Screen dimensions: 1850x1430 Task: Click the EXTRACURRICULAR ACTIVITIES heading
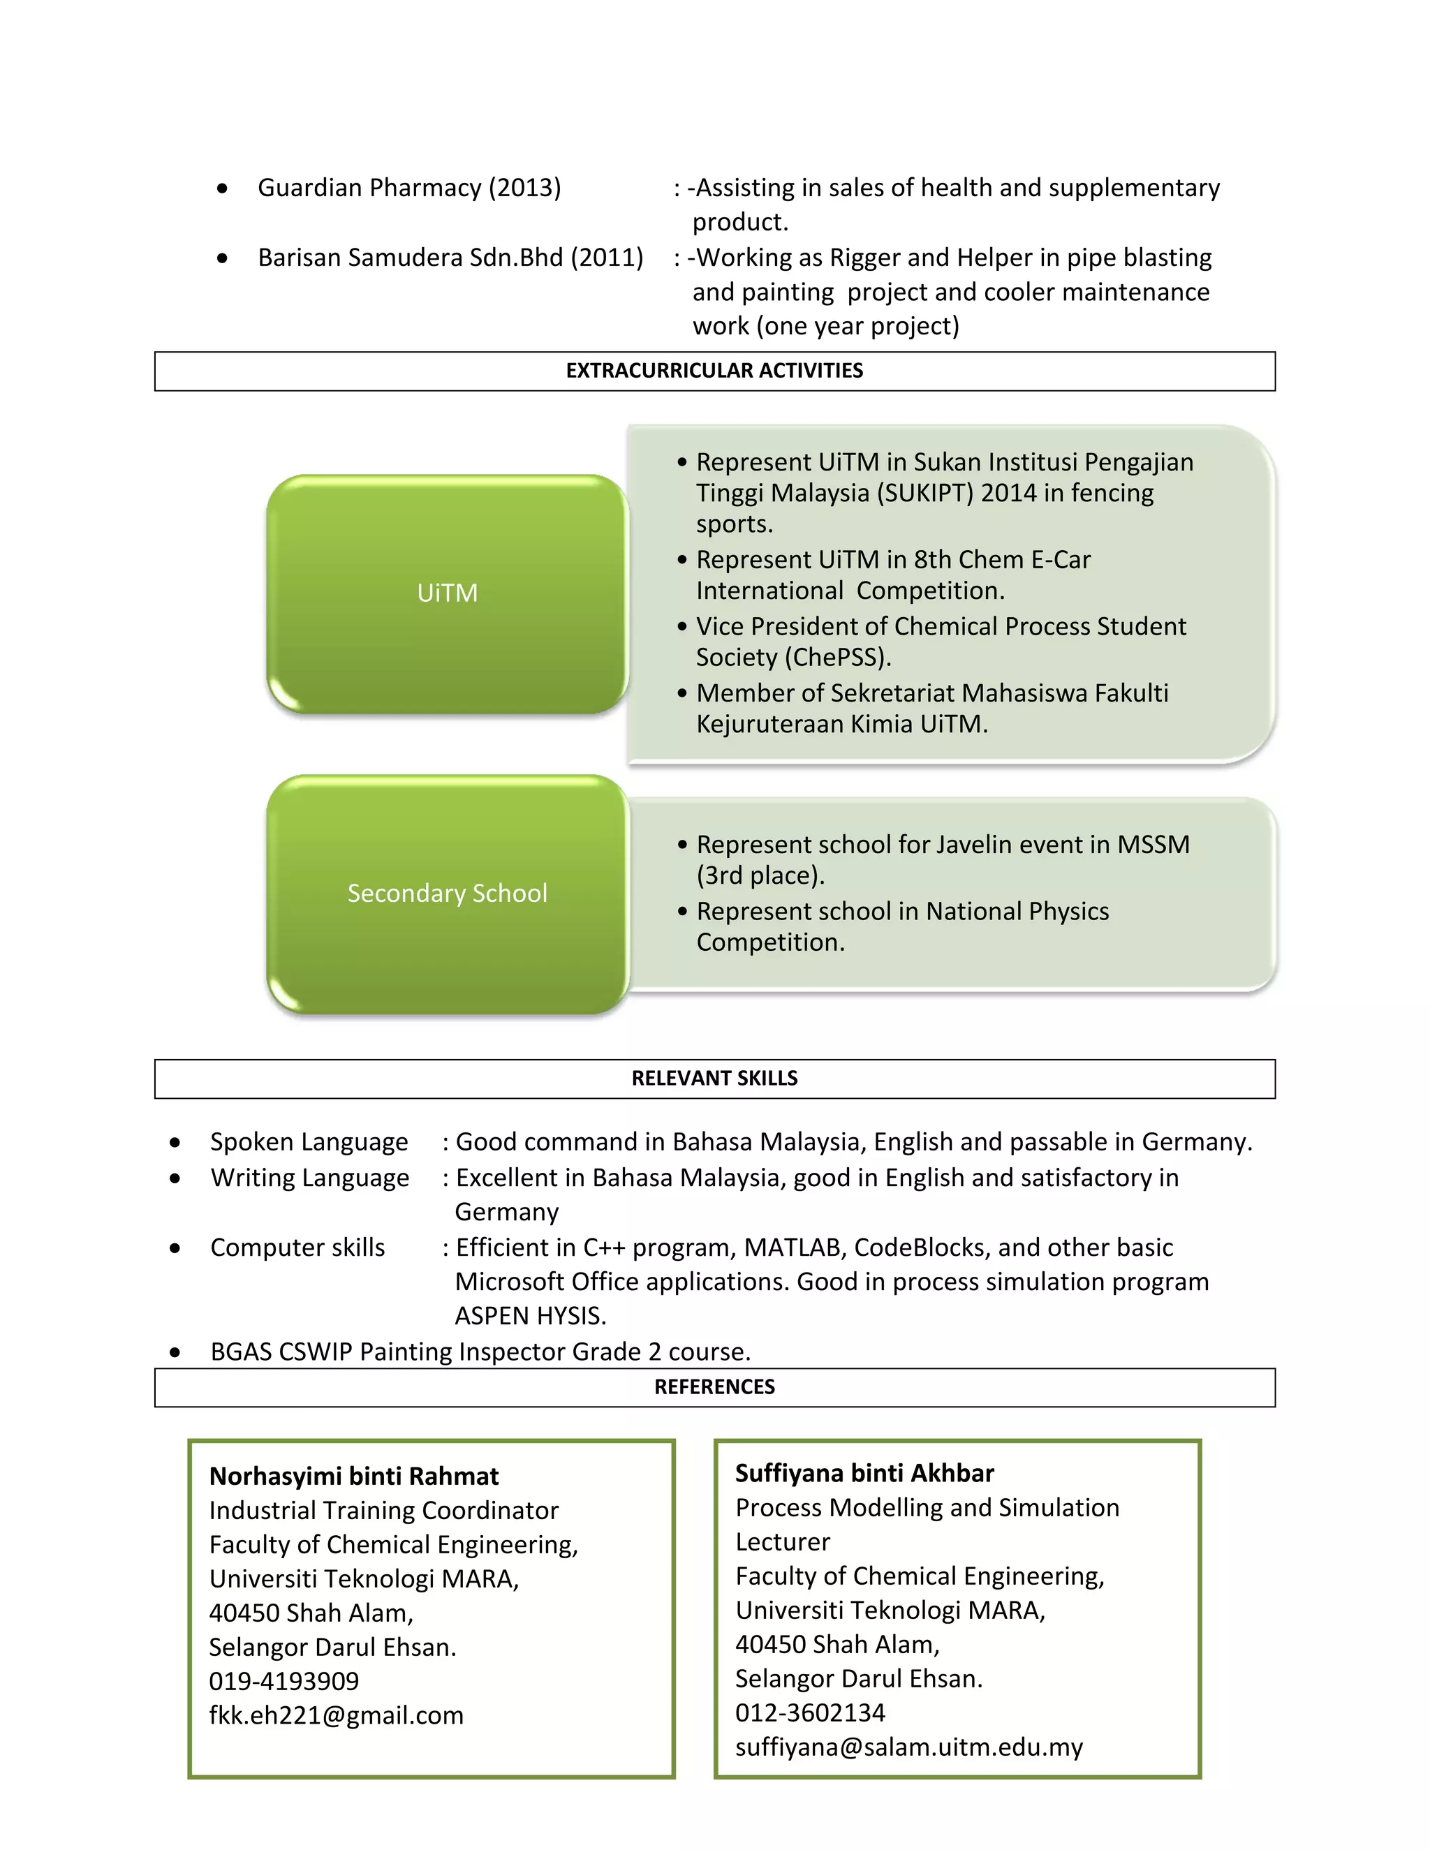pyautogui.click(x=714, y=371)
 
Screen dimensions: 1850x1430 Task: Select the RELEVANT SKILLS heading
pyautogui.click(x=714, y=1079)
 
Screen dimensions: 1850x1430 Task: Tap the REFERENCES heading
pyautogui.click(x=714, y=1386)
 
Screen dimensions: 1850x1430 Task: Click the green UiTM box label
pyautogui.click(x=448, y=593)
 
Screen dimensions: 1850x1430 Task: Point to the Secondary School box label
pyautogui.click(x=448, y=894)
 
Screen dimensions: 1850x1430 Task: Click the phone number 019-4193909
pyautogui.click(x=283, y=1682)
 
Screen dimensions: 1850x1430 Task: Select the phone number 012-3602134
pyautogui.click(x=810, y=1712)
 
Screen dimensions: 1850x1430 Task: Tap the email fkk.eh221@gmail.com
pyautogui.click(x=337, y=1715)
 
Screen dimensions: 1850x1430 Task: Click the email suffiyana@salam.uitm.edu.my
pyautogui.click(x=909, y=1747)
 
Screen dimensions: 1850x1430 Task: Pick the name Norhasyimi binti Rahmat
pyautogui.click(x=353, y=1477)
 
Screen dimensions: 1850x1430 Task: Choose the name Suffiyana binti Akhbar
pyautogui.click(x=864, y=1474)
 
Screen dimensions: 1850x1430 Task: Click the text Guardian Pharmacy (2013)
pyautogui.click(x=409, y=187)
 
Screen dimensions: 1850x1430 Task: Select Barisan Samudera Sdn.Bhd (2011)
pyautogui.click(x=450, y=258)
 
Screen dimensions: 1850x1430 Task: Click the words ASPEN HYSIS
pyautogui.click(x=531, y=1317)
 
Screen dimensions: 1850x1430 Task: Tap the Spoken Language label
pyautogui.click(x=309, y=1142)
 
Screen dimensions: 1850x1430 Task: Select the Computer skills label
pyautogui.click(x=297, y=1248)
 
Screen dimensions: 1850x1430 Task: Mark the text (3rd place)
pyautogui.click(x=760, y=875)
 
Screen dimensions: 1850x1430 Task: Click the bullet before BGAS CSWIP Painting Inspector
pyautogui.click(x=175, y=1353)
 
